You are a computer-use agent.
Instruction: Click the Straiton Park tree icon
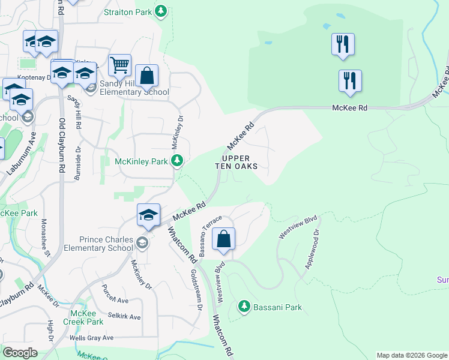tap(160, 11)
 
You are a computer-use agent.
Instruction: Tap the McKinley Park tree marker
tap(176, 160)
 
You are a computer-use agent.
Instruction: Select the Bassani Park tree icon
tap(244, 307)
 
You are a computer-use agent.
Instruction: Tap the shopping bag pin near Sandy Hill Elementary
tap(146, 76)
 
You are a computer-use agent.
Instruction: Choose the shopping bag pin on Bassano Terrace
tap(223, 239)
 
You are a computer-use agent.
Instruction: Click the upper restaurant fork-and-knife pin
tap(343, 44)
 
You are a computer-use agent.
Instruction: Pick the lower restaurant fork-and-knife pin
tap(350, 80)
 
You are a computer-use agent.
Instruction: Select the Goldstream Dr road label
tap(197, 289)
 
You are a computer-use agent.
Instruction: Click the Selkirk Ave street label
tap(124, 316)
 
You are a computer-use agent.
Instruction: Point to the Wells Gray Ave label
tap(91, 338)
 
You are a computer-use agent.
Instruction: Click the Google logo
tap(20, 353)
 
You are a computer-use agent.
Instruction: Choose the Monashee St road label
tap(44, 238)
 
